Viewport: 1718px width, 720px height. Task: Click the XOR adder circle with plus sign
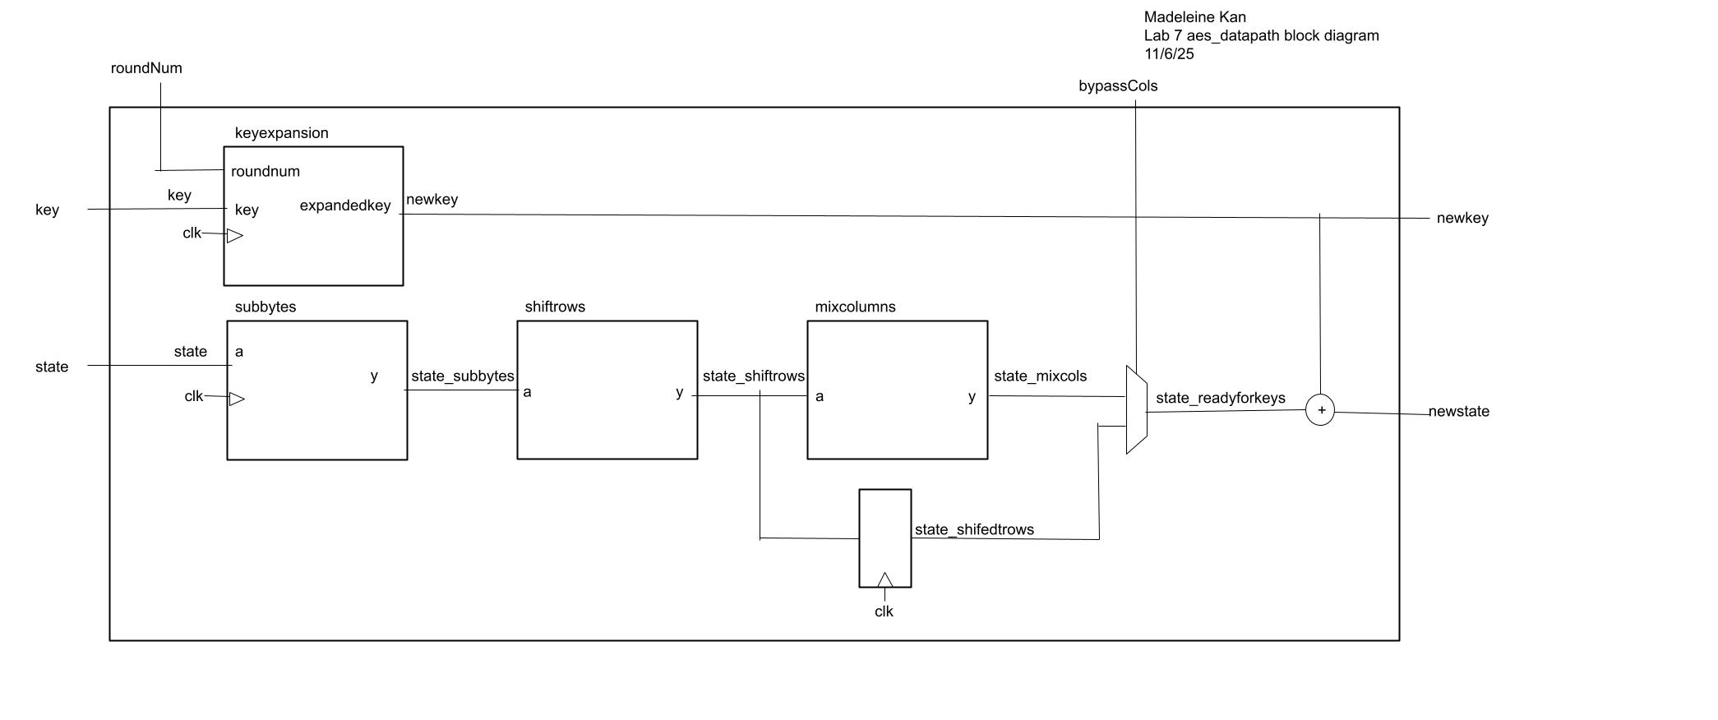click(x=1320, y=410)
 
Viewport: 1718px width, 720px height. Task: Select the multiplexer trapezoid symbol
click(x=1136, y=410)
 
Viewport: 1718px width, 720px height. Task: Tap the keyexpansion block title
click(x=281, y=133)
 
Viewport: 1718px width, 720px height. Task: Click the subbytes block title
click(x=266, y=307)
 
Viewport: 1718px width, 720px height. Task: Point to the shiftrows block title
click(x=555, y=307)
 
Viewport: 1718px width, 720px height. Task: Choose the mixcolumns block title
click(x=855, y=307)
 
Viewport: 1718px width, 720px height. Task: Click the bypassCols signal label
click(x=1118, y=86)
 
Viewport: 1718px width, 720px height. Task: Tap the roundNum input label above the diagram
click(x=146, y=68)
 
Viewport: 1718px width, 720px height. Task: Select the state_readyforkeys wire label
click(x=1220, y=399)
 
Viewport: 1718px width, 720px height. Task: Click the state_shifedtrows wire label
click(x=974, y=530)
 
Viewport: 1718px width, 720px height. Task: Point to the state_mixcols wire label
click(x=1040, y=376)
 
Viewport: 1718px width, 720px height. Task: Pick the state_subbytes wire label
click(x=462, y=376)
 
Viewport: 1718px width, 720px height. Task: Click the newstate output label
click(x=1458, y=412)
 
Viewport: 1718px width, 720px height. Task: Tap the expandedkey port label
click(x=345, y=205)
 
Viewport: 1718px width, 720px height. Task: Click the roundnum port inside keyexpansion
click(x=266, y=172)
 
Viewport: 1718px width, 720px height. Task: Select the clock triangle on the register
click(x=884, y=580)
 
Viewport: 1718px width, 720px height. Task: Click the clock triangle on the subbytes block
click(x=236, y=399)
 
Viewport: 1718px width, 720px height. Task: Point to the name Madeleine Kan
click(x=1194, y=17)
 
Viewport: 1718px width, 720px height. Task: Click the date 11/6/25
click(x=1169, y=54)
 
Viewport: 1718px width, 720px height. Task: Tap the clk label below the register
click(x=884, y=612)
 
